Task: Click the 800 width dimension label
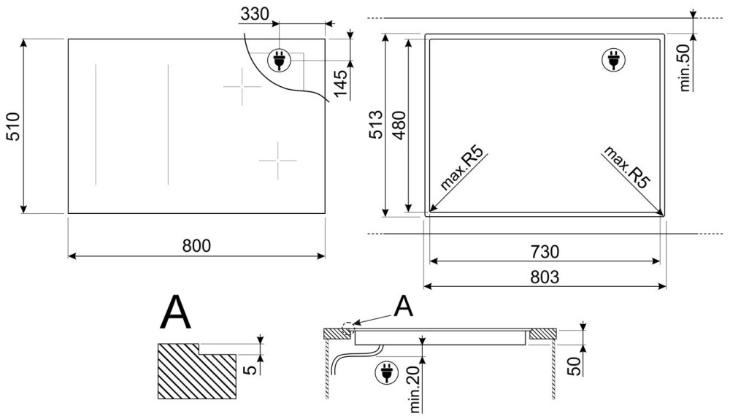196,245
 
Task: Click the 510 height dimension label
13,126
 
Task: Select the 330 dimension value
255,15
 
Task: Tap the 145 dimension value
341,84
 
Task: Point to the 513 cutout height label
375,124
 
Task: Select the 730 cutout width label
545,252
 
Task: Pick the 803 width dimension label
545,277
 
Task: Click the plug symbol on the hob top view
279,60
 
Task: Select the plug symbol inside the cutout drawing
614,60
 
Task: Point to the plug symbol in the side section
386,372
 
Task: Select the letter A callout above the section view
404,307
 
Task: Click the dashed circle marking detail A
347,328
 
